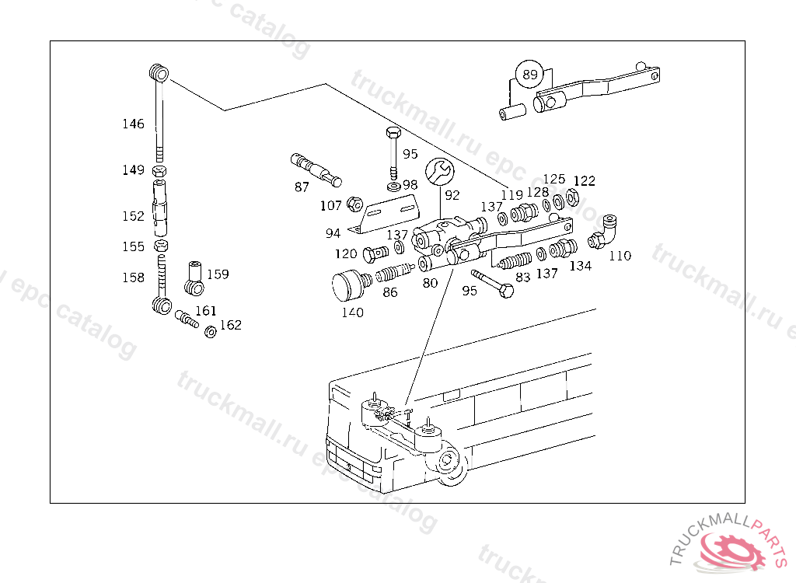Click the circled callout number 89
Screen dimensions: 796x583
coord(529,75)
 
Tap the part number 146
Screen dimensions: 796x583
coord(133,124)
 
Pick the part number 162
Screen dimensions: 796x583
coord(230,325)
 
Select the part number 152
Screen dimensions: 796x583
coord(133,216)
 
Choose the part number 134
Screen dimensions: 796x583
coord(580,266)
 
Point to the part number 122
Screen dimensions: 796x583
coord(584,181)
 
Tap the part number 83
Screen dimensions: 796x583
coord(522,276)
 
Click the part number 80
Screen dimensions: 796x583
coord(430,283)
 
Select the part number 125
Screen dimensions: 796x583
coord(554,180)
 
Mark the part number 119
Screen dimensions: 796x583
coord(511,194)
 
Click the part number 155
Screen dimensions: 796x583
coord(133,246)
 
